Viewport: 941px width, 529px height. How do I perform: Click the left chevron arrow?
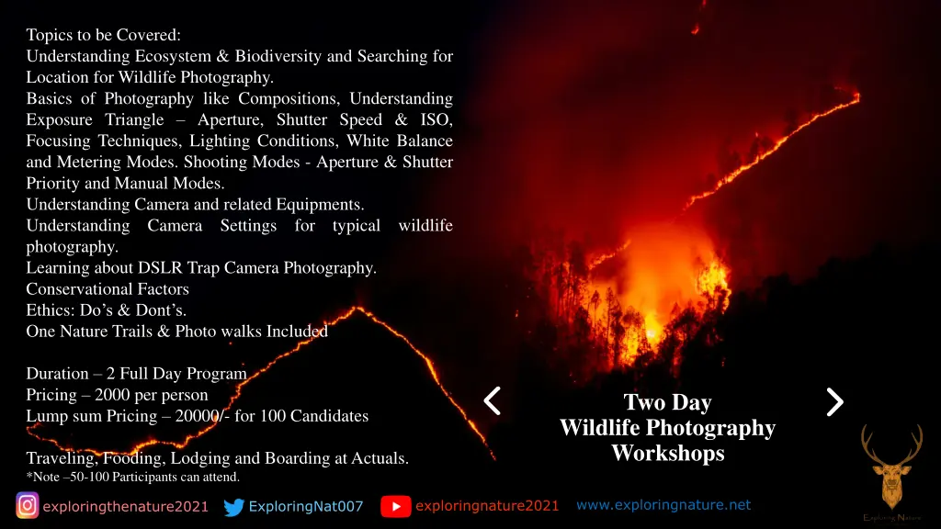493,400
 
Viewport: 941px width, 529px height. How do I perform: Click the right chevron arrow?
834,401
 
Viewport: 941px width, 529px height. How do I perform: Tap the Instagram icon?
28,505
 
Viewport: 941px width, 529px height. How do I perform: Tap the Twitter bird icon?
235,506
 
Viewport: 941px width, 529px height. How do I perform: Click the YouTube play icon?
396,505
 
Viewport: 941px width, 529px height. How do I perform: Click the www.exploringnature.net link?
663,504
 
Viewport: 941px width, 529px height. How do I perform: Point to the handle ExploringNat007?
306,506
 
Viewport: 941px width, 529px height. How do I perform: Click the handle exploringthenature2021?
126,506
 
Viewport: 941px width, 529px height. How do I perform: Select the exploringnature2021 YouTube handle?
487,505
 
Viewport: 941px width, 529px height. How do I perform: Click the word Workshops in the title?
668,453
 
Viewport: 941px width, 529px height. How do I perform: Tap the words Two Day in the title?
668,402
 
